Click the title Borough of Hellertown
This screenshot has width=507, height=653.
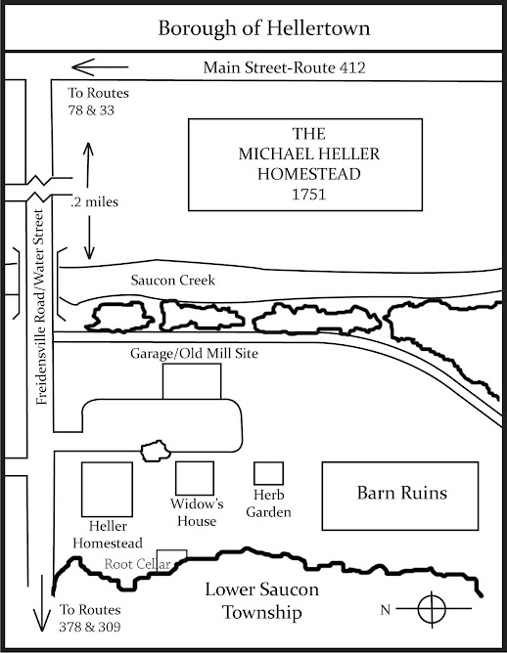tap(253, 26)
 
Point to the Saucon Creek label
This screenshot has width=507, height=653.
tap(173, 281)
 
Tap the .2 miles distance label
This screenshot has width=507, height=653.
tap(96, 201)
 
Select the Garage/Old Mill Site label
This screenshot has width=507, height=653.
tap(194, 353)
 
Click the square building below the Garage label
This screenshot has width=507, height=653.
tap(192, 382)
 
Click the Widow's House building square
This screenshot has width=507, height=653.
tap(194, 478)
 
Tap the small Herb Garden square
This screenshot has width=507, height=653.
tap(268, 473)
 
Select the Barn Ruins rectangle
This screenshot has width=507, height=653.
tap(400, 494)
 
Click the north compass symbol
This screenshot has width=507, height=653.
tap(431, 609)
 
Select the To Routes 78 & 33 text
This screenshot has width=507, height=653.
tap(98, 103)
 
